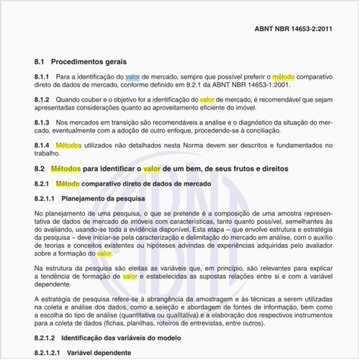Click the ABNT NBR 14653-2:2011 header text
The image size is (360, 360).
(294, 30)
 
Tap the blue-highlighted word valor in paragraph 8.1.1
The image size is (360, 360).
(133, 76)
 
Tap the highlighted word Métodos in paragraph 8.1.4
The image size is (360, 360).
(68, 145)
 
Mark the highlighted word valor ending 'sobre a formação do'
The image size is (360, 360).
(104, 253)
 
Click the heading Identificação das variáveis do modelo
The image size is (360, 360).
(121, 337)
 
